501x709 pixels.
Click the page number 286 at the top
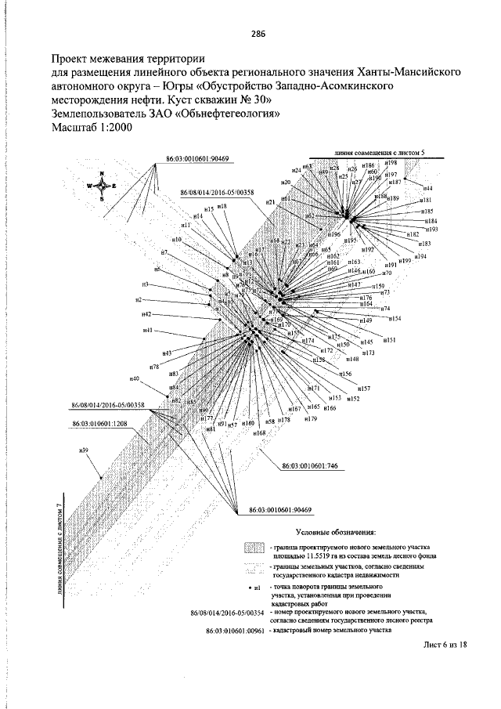click(258, 33)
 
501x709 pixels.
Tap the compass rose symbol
click(102, 186)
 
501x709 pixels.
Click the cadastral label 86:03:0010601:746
click(309, 465)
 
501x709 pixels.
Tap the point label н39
click(84, 450)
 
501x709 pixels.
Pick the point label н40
click(135, 379)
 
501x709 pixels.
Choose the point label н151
click(389, 340)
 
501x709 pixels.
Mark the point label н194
click(420, 256)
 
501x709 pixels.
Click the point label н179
click(311, 418)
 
